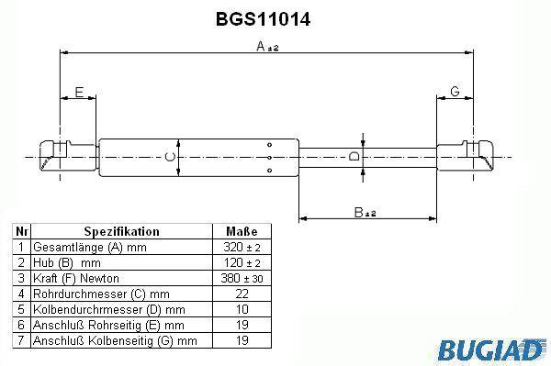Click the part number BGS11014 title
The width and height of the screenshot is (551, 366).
263,19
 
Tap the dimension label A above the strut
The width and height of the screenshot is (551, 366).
267,46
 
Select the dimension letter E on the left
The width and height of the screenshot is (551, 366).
79,92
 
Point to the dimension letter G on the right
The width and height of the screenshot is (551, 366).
455,91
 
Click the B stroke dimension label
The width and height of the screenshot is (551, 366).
365,212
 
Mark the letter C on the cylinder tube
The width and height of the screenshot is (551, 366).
170,157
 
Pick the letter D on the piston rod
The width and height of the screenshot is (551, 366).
354,156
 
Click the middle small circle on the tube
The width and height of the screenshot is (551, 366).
269,158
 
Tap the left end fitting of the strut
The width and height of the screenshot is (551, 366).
68,156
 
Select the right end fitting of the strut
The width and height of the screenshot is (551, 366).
465,156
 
